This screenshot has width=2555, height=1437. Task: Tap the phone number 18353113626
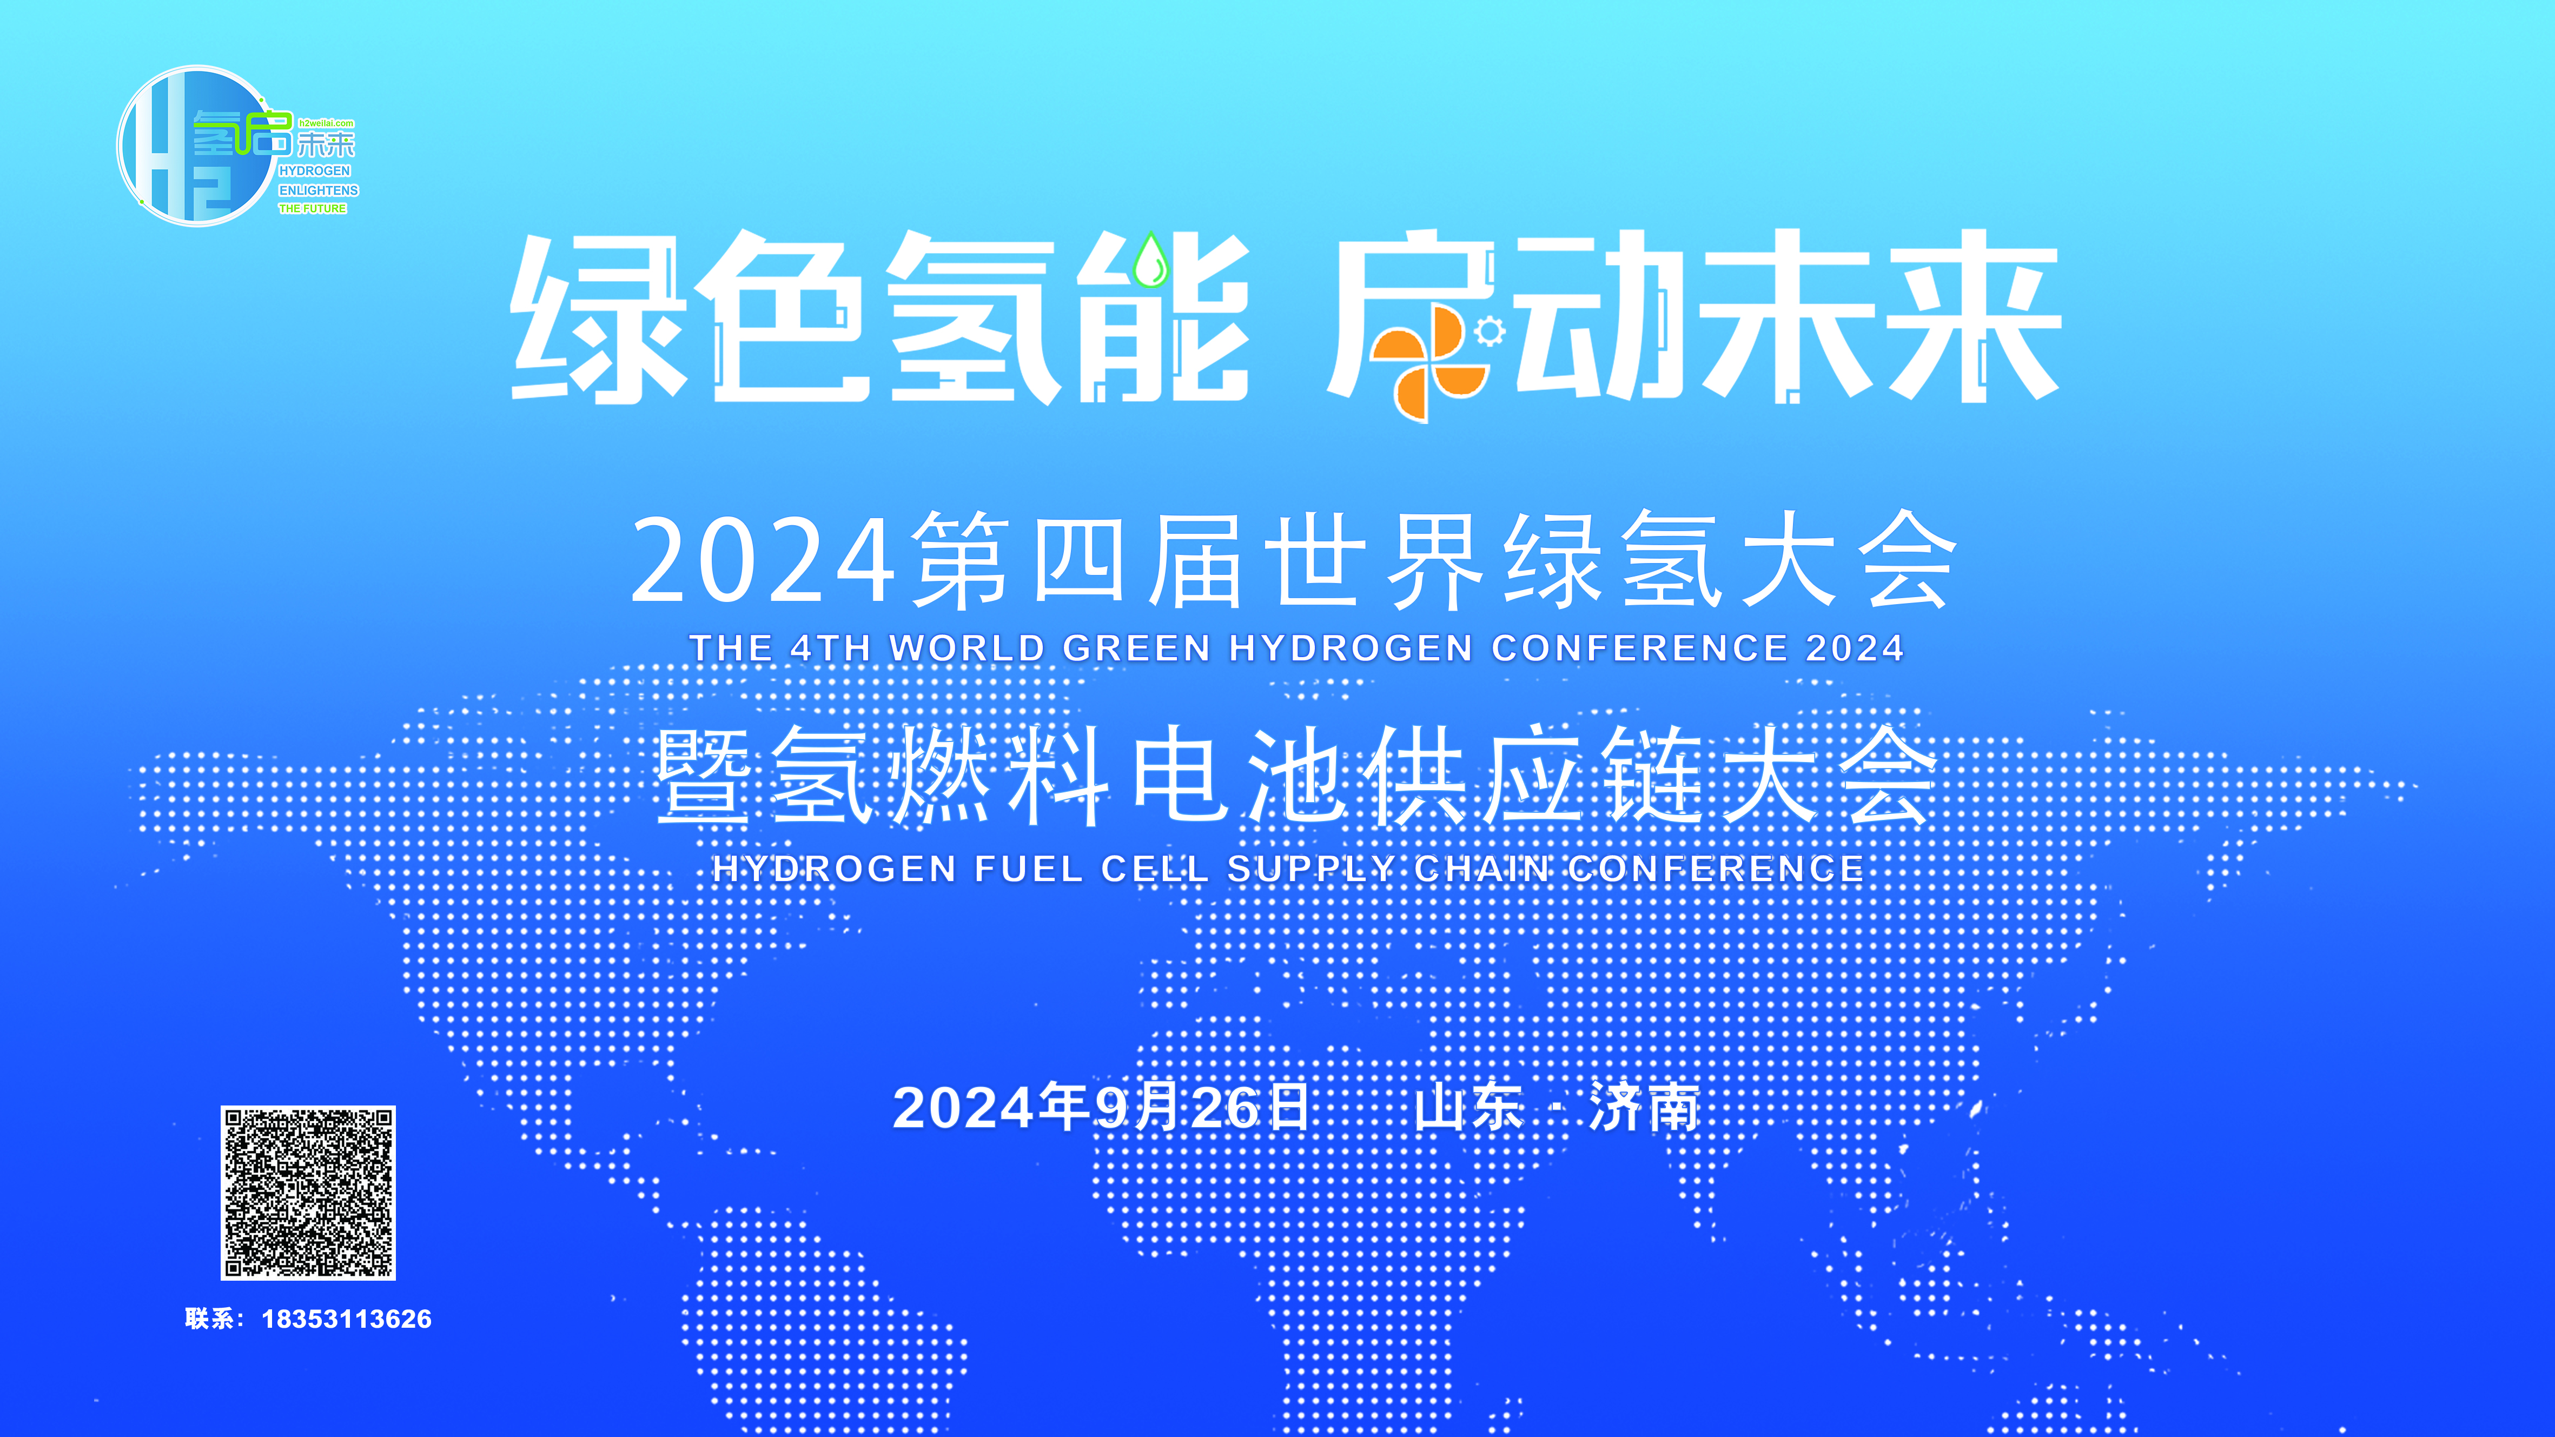[346, 1319]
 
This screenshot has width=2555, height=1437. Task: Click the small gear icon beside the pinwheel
[1489, 331]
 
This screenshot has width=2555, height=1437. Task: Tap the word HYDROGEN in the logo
[314, 170]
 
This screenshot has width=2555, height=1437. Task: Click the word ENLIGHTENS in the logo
[319, 189]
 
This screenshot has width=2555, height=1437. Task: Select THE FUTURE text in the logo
[313, 208]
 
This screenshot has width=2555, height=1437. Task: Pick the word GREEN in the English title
[1137, 648]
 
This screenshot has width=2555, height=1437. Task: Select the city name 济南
[1645, 1108]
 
